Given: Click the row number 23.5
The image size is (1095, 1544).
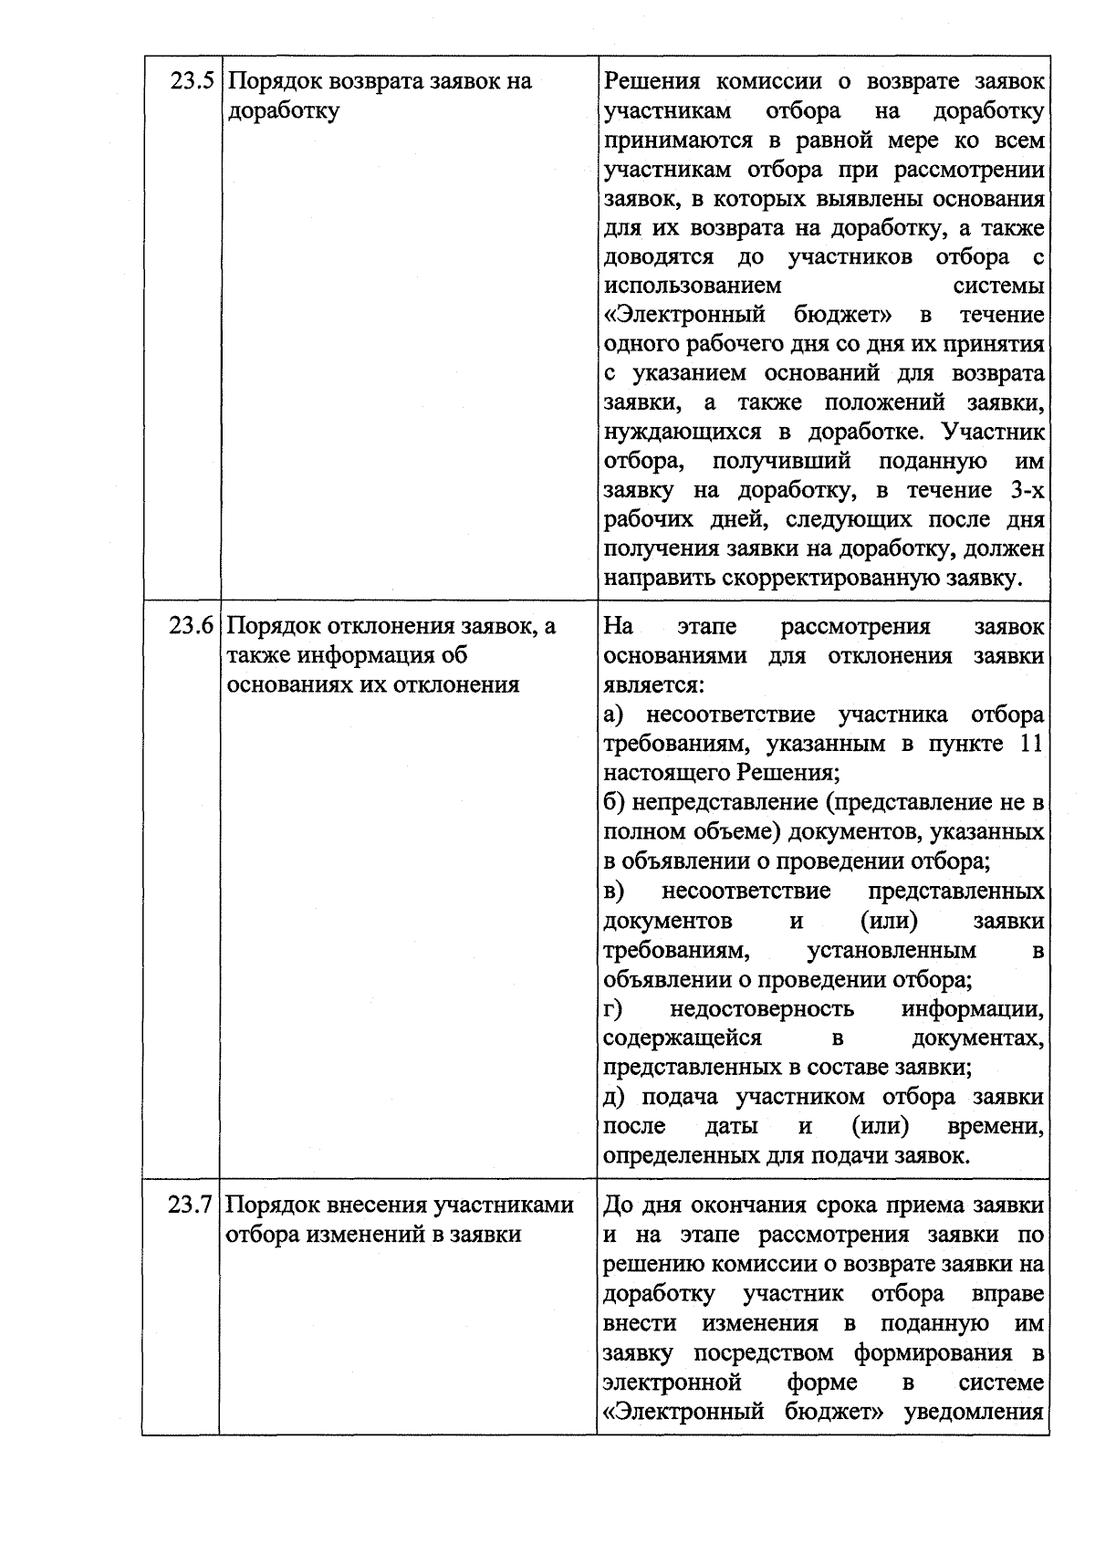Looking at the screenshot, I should point(193,81).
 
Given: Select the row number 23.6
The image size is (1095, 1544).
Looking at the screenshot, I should point(191,627).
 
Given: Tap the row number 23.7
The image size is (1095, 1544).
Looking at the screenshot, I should point(191,1205).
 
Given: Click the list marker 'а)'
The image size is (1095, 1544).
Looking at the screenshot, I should point(613,715).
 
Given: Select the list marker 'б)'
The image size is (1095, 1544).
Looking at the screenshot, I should point(613,802).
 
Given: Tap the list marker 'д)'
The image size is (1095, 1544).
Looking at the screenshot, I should point(615,1097).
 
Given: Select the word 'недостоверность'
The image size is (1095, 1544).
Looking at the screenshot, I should point(761,1008).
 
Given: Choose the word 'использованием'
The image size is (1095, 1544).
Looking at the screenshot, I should point(693,285).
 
